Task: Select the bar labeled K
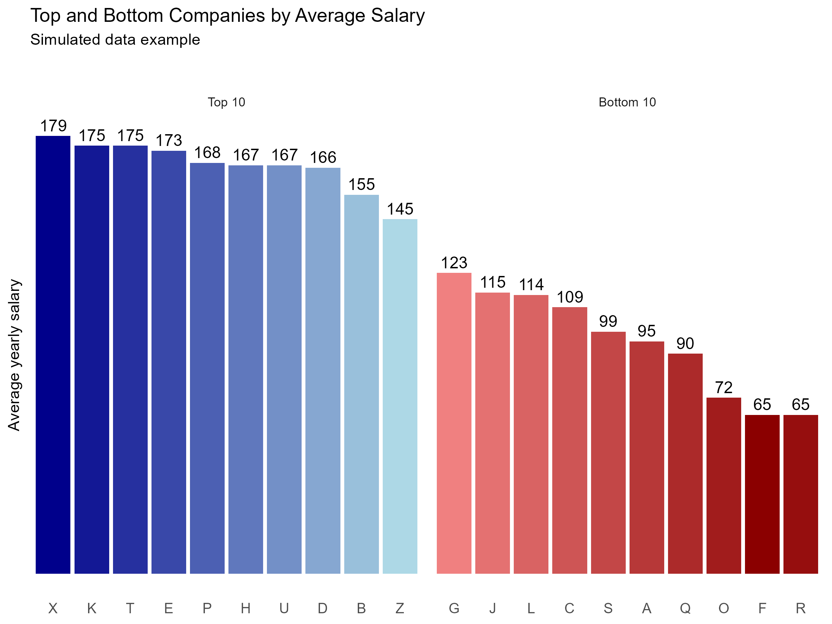point(92,359)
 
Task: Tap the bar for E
point(168,362)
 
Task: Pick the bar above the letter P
point(207,368)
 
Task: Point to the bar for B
point(362,384)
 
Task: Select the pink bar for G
point(454,423)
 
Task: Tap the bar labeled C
point(570,441)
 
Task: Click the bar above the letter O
point(724,486)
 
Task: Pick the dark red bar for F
point(762,494)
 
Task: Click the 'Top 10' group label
point(226,102)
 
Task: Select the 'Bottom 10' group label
point(627,102)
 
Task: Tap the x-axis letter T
point(130,608)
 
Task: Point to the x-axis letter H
point(245,608)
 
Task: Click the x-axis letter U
point(284,608)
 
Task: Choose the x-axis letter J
point(492,608)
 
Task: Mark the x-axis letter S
point(608,608)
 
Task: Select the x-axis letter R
point(801,608)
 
